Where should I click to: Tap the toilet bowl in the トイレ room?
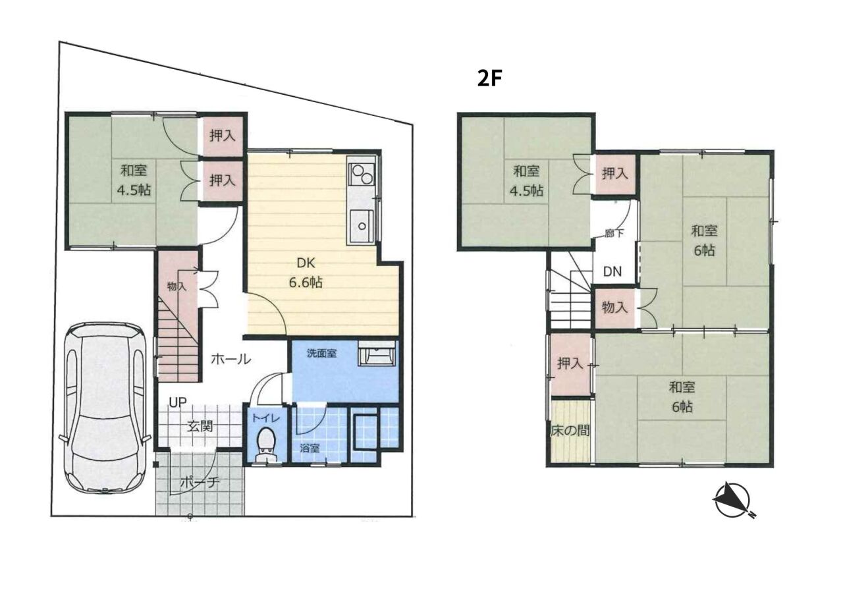click(267, 444)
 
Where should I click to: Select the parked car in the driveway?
click(105, 408)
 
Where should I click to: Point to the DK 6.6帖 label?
click(306, 273)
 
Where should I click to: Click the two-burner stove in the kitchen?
click(362, 175)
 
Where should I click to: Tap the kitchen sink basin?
click(362, 226)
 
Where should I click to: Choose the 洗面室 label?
click(321, 353)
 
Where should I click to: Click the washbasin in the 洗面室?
click(376, 353)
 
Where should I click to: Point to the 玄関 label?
click(201, 426)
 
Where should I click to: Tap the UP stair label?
click(177, 402)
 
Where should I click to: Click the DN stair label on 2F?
click(612, 271)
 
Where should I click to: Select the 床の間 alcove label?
click(570, 430)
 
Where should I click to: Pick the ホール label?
click(231, 359)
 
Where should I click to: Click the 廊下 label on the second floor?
click(614, 233)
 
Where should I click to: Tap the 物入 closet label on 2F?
click(614, 307)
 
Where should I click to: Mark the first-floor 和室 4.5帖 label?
click(134, 180)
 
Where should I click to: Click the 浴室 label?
click(310, 448)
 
